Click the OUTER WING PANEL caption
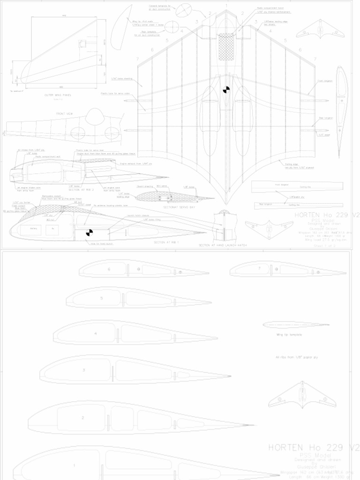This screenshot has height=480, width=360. point(55,95)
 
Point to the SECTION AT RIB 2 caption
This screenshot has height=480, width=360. point(81,190)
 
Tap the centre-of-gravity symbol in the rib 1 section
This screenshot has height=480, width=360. point(89,232)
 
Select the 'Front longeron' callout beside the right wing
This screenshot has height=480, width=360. point(325,81)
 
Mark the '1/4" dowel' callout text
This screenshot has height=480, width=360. point(324,135)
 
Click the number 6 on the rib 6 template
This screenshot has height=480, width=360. point(109,270)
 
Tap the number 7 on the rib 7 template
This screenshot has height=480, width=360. point(259,268)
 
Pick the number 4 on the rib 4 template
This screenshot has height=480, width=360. point(96,333)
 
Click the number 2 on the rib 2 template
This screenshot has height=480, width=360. point(82,417)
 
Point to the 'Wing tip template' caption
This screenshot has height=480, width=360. point(289,335)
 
